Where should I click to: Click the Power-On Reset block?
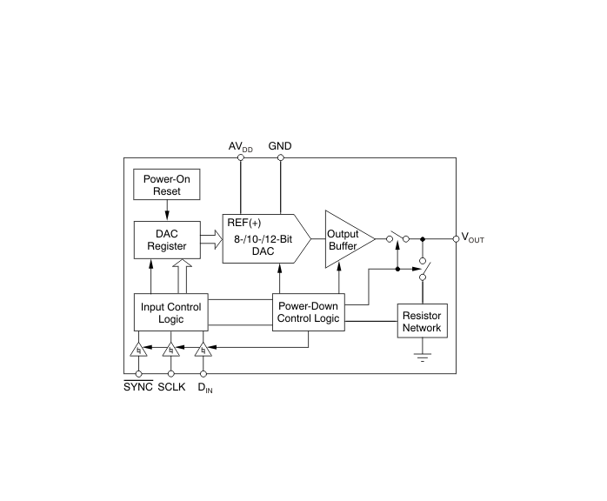coord(166,184)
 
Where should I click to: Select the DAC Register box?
coord(167,240)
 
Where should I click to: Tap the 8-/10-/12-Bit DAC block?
coord(266,238)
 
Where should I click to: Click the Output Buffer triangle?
coord(350,239)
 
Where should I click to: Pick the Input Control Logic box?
coord(170,312)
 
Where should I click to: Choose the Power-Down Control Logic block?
coord(308,312)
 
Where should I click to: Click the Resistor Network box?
coord(422,321)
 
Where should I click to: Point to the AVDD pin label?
coord(240,147)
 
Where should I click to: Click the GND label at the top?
coord(280,146)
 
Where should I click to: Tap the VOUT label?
coord(473,237)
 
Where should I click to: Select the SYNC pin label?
coord(138,386)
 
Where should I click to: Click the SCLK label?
coord(171,387)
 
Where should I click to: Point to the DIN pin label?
coord(204,388)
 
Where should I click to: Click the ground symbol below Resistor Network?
coord(423,357)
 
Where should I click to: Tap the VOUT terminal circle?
coord(456,239)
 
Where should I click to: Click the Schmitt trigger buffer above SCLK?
coord(170,350)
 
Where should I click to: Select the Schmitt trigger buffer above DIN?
coord(203,350)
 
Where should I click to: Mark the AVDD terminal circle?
coord(240,157)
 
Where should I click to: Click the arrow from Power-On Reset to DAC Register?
coord(167,210)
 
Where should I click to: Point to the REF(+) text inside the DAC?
coord(244,223)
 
